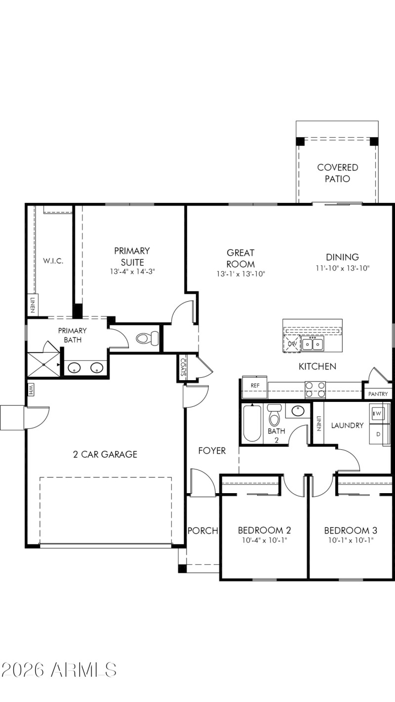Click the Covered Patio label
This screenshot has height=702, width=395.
click(337, 173)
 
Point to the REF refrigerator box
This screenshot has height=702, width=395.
click(255, 386)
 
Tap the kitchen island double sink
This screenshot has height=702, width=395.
click(313, 343)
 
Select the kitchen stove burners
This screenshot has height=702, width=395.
click(315, 390)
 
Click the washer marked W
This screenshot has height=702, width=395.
click(378, 413)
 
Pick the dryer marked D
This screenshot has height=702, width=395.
click(378, 434)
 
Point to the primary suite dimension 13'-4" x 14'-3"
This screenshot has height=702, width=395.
click(132, 272)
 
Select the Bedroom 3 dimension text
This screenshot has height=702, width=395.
click(351, 540)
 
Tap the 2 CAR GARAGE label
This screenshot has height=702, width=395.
click(105, 454)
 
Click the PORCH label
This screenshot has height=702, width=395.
click(202, 531)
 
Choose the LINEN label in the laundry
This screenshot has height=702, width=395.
click(319, 424)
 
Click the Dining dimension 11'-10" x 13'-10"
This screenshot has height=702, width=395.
click(342, 268)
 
